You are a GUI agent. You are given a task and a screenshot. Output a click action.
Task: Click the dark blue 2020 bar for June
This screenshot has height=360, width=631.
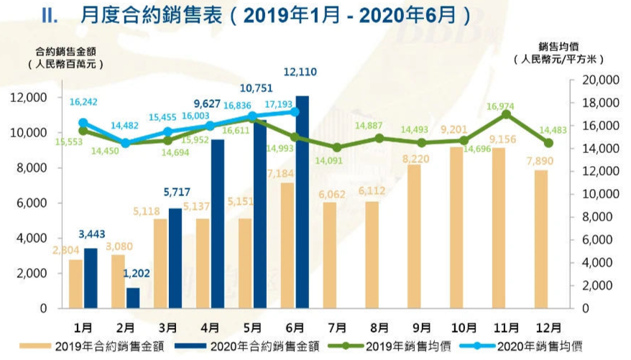click(x=302, y=202)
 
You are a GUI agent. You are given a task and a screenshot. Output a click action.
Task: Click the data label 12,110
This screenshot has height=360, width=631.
click(x=302, y=72)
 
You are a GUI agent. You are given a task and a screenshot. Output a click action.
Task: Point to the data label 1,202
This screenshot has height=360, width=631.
click(x=133, y=274)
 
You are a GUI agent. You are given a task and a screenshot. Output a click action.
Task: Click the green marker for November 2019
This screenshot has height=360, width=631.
click(x=507, y=114)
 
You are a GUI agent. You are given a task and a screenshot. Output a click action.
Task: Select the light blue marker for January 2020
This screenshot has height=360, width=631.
click(x=83, y=123)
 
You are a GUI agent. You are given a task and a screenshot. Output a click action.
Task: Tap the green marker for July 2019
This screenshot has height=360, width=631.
click(x=336, y=147)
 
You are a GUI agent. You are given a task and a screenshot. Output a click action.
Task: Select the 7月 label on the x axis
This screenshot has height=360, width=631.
click(x=336, y=327)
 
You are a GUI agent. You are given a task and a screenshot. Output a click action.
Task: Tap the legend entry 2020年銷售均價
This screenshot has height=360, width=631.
click(x=549, y=346)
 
